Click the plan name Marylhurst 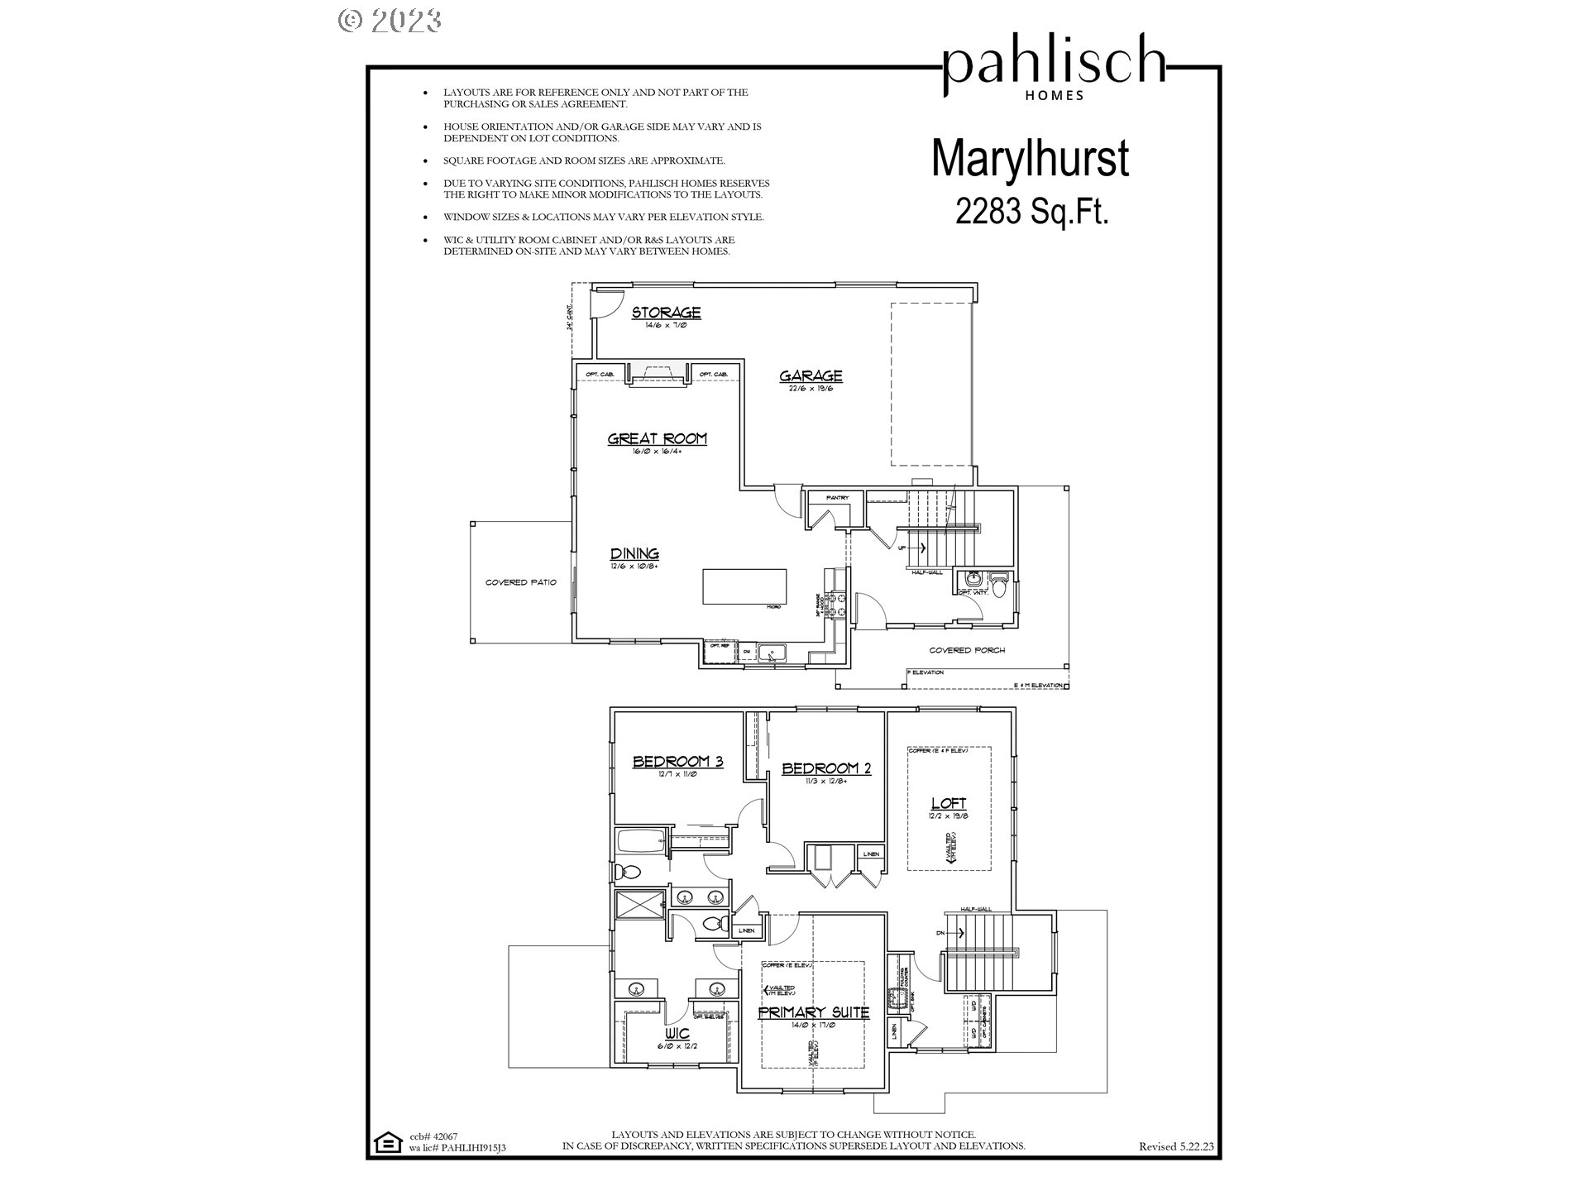[1030, 160]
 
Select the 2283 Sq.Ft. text [1031, 212]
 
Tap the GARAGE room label [811, 376]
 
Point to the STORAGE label [666, 313]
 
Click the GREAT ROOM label [658, 439]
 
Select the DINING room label [634, 554]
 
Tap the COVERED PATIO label [520, 582]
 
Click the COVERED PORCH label [966, 650]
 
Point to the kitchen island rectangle [744, 587]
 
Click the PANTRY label [837, 498]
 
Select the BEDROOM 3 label [677, 762]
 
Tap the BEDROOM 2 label [825, 768]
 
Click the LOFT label [948, 803]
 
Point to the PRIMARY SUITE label [814, 1012]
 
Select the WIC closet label [677, 1034]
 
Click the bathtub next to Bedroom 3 [641, 844]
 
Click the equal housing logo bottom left [385, 1143]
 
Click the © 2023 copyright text [390, 20]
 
